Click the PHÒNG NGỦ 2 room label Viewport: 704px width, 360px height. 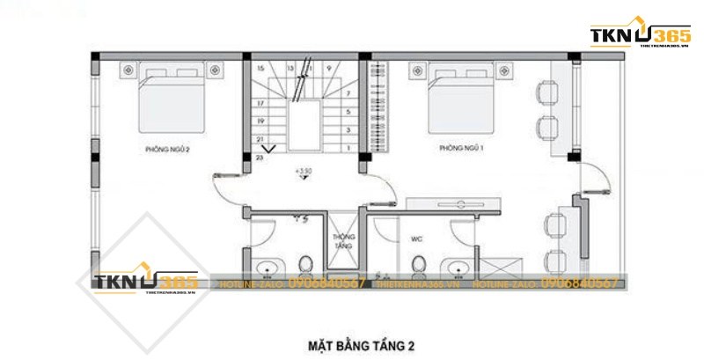(167, 150)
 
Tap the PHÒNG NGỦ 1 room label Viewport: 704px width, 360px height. (462, 149)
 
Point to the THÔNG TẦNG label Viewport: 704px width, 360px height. (342, 241)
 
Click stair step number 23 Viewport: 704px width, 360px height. (260, 158)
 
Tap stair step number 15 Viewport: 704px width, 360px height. (260, 67)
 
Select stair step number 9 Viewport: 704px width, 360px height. (329, 67)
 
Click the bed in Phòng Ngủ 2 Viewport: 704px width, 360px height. (171, 97)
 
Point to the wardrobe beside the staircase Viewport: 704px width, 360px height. (379, 106)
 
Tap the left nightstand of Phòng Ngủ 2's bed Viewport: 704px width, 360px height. (128, 68)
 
